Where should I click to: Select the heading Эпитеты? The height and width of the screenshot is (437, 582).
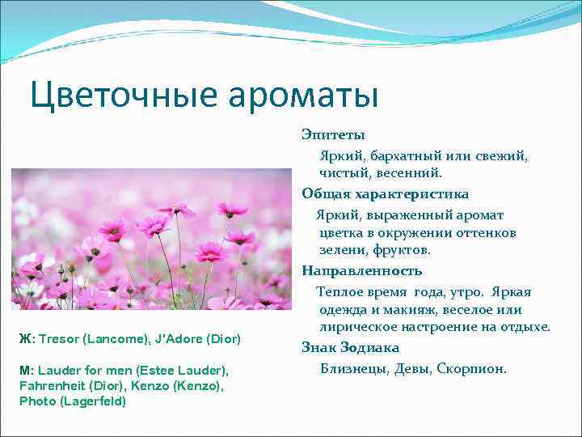pyautogui.click(x=333, y=134)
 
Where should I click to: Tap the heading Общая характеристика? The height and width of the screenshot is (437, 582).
pyautogui.click(x=385, y=194)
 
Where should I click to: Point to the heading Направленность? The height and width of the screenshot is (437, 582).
pyautogui.click(x=362, y=270)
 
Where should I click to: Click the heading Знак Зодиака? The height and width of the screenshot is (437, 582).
pyautogui.click(x=351, y=347)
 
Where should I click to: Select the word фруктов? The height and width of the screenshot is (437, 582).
pyautogui.click(x=402, y=251)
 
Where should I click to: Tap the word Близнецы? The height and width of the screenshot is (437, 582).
pyautogui.click(x=354, y=369)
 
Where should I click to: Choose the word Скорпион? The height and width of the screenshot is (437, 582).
pyautogui.click(x=471, y=369)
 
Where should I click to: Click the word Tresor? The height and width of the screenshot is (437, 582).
pyautogui.click(x=57, y=337)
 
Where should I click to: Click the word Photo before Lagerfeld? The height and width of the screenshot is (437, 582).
pyautogui.click(x=37, y=401)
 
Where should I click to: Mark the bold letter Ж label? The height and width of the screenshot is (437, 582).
pyautogui.click(x=24, y=337)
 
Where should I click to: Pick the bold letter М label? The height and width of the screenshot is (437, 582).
pyautogui.click(x=25, y=370)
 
